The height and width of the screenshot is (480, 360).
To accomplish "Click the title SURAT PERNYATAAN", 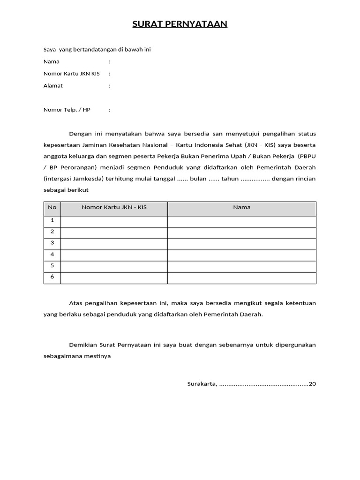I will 180,24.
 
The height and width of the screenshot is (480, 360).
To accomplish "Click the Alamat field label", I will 53,86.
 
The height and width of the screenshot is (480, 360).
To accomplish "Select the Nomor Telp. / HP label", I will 67,110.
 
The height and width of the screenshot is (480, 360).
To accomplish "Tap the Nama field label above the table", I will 52,61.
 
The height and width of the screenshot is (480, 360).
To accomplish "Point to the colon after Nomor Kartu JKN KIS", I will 110,74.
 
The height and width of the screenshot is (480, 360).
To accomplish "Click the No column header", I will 52,207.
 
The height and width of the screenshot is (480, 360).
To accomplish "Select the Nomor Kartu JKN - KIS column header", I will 114,207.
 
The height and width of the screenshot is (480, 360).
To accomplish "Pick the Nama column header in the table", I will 242,207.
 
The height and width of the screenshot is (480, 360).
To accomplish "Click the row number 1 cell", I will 52,220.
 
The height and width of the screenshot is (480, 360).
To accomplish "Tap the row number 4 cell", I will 52,254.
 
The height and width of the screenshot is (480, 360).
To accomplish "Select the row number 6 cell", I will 52,277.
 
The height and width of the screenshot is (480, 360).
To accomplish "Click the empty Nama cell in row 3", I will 242,243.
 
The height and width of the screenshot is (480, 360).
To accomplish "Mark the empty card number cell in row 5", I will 114,266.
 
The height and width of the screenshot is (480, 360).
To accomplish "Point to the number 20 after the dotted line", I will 313,384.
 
